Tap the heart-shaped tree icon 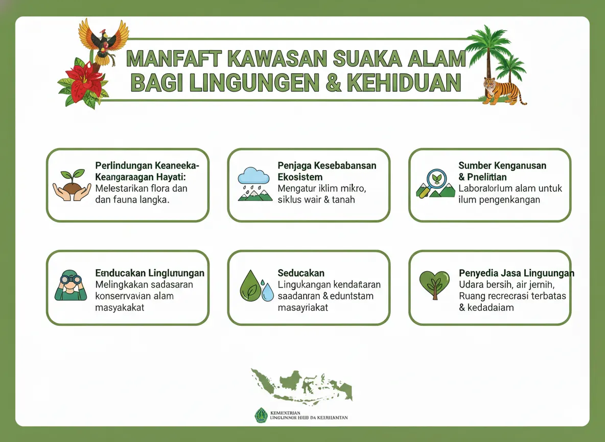(434, 284)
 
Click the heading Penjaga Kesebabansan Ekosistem (327, 171)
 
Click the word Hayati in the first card (171, 177)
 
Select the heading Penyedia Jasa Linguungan (516, 273)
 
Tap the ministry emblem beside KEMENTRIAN (261, 414)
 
